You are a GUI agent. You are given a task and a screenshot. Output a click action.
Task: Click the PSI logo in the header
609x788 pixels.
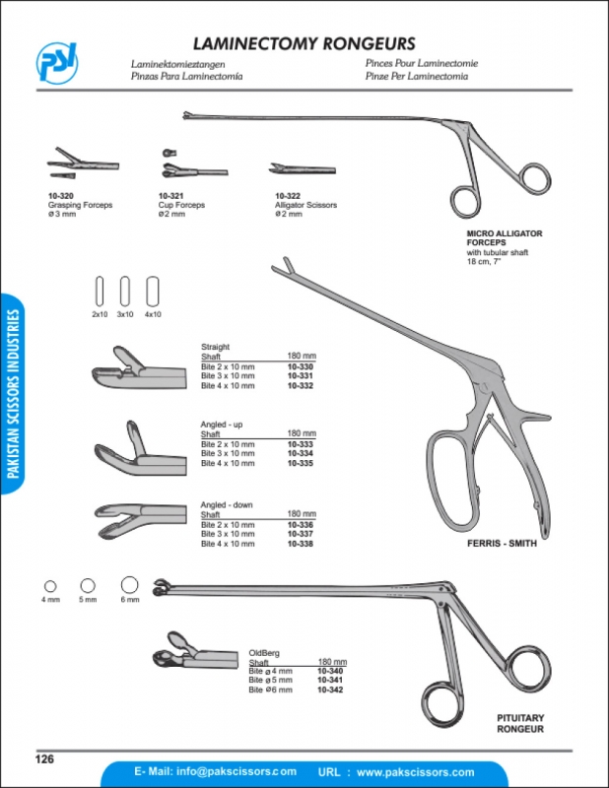point(57,62)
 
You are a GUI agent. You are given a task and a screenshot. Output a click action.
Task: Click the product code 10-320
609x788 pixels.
point(61,195)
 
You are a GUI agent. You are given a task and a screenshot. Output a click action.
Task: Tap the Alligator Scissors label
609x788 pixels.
point(305,205)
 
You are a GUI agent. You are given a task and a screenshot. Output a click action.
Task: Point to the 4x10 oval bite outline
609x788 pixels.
point(153,291)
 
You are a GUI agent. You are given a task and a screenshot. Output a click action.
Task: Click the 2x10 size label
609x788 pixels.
point(100,314)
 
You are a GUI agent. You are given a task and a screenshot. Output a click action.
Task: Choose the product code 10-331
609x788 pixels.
point(301,376)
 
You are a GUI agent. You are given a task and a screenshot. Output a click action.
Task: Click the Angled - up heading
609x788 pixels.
point(222,425)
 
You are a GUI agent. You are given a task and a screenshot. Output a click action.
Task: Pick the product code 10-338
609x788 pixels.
point(301,544)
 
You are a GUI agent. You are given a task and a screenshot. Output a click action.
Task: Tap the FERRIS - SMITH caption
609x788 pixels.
point(502,544)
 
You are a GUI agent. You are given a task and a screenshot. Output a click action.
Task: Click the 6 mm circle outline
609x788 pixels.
point(130,585)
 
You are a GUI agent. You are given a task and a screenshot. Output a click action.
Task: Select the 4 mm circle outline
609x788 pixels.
point(50,586)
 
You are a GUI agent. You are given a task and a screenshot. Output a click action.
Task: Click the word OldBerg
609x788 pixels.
point(264,653)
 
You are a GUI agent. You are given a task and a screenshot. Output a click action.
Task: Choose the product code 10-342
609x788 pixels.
point(330,690)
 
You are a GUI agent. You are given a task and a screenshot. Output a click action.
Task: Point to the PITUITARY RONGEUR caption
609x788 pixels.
point(520,723)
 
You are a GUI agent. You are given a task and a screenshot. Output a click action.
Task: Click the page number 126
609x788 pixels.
point(44,758)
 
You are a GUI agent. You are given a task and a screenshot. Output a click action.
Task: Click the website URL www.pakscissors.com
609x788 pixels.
point(416,772)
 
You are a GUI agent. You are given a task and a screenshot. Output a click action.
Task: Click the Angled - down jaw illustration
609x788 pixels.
point(141,521)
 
